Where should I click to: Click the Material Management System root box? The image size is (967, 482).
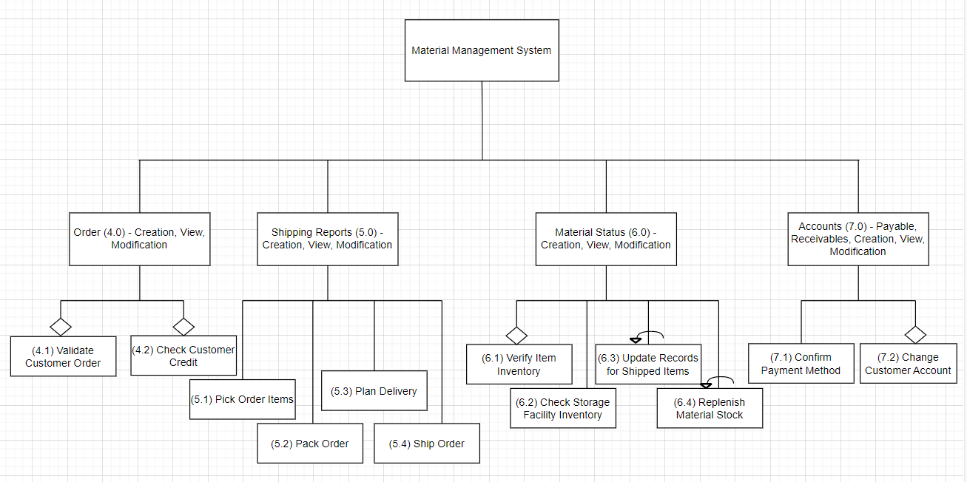tap(482, 50)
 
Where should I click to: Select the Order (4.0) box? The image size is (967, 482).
tap(139, 239)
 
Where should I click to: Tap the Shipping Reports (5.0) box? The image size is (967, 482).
tap(327, 239)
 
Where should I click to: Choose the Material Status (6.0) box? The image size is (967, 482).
tap(605, 239)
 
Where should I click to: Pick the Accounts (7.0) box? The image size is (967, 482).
tap(858, 239)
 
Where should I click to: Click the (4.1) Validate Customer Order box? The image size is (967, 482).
tap(63, 356)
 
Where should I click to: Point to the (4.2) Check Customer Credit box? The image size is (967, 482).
tap(183, 356)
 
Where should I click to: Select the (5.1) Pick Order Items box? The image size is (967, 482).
tap(243, 399)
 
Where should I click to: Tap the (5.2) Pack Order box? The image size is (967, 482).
tap(309, 444)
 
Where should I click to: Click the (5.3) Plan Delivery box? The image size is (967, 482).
tap(374, 391)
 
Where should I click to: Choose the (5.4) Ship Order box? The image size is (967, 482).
tap(427, 444)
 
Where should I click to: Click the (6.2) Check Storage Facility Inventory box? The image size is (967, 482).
tap(562, 409)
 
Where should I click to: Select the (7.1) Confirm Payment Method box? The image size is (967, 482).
tap(801, 364)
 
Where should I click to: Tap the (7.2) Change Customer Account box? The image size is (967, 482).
tap(908, 364)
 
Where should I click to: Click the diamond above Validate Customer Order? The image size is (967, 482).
tap(61, 326)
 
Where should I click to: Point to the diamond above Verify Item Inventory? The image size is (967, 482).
tap(516, 335)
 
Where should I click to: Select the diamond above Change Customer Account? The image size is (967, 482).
tap(915, 334)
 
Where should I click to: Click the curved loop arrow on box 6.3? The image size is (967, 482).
tap(649, 336)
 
